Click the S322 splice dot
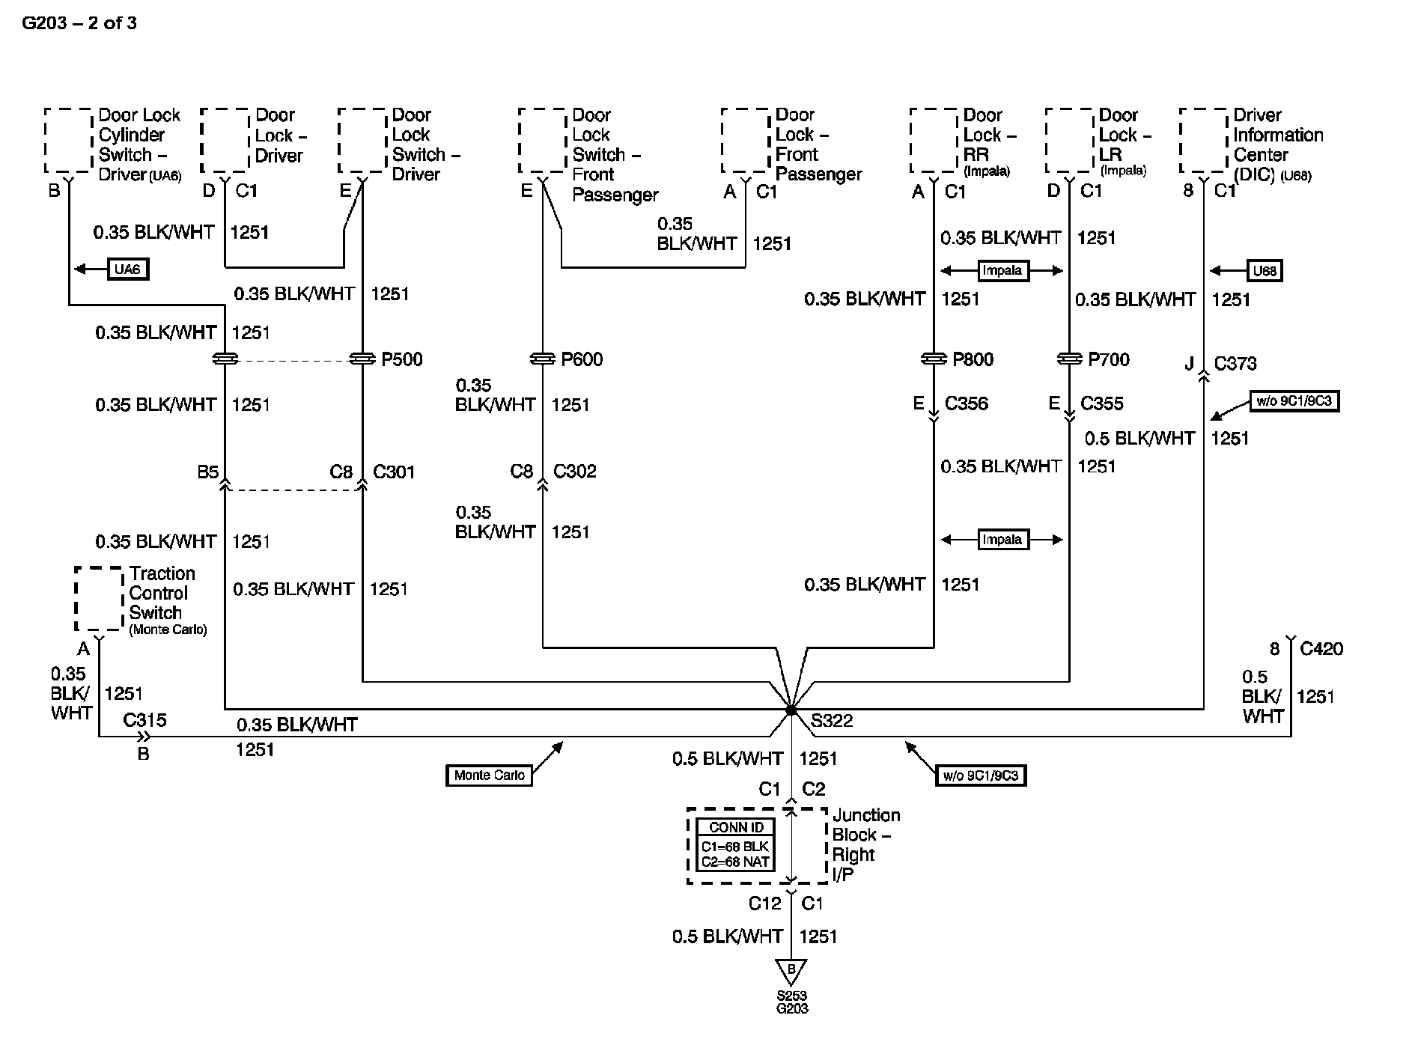tap(791, 709)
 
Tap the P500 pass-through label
tap(401, 359)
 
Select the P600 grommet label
tap(582, 359)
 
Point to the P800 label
tap(973, 359)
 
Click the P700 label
tap(1108, 359)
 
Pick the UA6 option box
tap(128, 269)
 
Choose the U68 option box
tap(1264, 270)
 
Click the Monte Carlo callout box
tap(489, 775)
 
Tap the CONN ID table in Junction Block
tap(735, 845)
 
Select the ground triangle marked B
tap(791, 971)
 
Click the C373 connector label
tap(1235, 364)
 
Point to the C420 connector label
tap(1321, 649)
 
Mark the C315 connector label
tap(144, 720)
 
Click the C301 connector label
tap(394, 472)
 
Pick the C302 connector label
tap(574, 472)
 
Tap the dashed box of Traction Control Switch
tap(99, 599)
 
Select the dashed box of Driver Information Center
tap(1203, 141)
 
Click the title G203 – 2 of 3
tap(79, 23)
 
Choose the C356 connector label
tap(966, 404)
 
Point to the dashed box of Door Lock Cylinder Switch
tap(68, 141)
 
